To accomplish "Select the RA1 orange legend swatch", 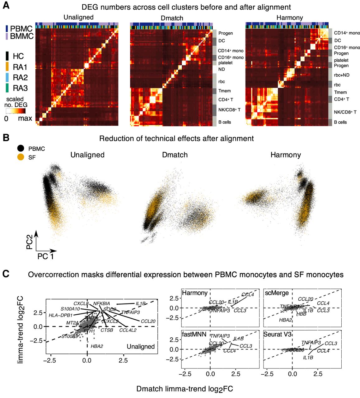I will (7, 67).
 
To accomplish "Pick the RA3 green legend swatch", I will (7, 88).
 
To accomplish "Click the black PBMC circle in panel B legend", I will (21, 149).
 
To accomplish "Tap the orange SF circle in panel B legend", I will (21, 157).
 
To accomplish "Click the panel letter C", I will (6, 274).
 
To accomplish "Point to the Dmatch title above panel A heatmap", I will (172, 18).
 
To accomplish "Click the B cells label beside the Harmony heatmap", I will (340, 122).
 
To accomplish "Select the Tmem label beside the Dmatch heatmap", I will (224, 91).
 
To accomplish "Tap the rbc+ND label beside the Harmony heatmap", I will (342, 75).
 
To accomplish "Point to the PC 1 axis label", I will (45, 257).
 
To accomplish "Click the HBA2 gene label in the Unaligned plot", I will (97, 346).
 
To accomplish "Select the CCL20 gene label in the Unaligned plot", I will (148, 321).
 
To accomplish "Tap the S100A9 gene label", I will (69, 336).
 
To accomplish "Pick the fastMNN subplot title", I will (194, 335).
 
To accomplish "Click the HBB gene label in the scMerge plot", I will (301, 314).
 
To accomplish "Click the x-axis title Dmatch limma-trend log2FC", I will (185, 389).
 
